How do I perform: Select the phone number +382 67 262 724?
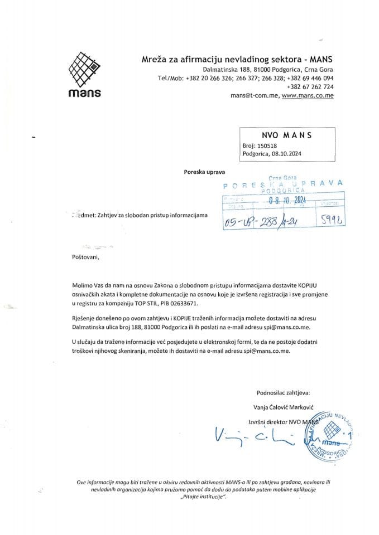pos(310,87)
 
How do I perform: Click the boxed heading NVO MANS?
pos(286,135)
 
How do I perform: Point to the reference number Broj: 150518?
pos(261,146)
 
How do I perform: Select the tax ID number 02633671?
pos(181,305)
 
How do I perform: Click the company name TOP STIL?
pos(141,305)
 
